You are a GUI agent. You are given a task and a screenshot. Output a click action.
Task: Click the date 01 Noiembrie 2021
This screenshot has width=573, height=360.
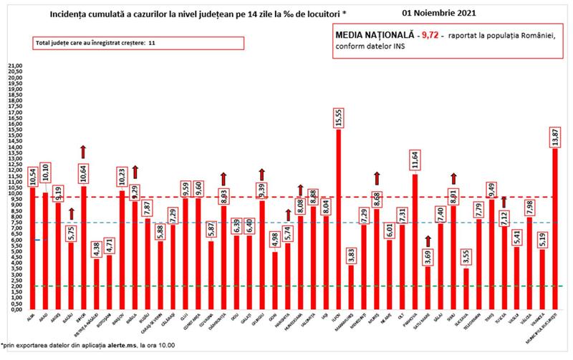coord(440,13)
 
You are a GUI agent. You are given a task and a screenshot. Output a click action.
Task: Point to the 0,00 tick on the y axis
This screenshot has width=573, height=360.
coord(14,309)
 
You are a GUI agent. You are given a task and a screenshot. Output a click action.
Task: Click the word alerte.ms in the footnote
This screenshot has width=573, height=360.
coord(134,346)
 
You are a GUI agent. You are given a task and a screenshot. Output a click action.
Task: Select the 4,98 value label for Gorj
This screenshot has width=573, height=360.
coord(274,239)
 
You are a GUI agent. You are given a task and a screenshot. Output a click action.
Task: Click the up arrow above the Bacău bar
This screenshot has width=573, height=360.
coord(71,213)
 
